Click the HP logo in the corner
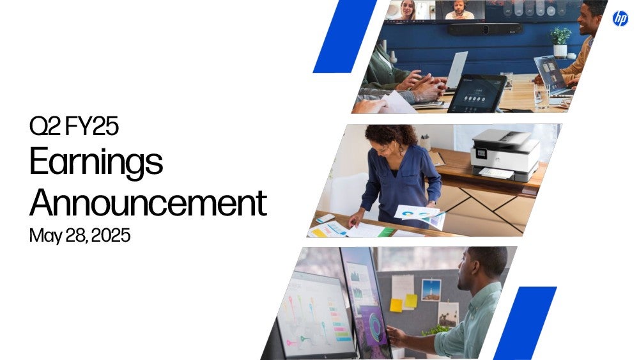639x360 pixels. [620, 19]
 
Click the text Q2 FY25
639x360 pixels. [73, 125]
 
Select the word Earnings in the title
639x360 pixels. [96, 162]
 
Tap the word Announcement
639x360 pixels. [148, 202]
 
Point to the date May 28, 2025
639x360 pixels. [80, 235]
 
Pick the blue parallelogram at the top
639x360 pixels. [345, 36]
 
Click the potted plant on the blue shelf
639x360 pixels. [560, 42]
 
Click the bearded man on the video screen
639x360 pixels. [459, 10]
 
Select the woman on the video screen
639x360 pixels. [408, 10]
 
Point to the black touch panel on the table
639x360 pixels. [477, 93]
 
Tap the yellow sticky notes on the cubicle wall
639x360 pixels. [403, 303]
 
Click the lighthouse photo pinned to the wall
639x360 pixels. [431, 290]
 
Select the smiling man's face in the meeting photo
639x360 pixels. [589, 18]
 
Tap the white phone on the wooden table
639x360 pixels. [325, 218]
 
